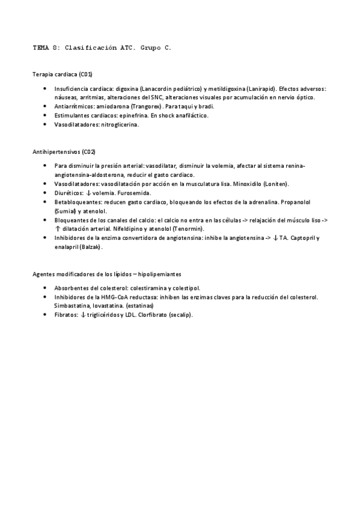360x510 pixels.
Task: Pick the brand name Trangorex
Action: (148, 106)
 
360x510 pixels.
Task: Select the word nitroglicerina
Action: (120, 124)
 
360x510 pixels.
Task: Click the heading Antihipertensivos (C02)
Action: (64, 152)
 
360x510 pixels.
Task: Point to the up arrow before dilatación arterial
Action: (57, 229)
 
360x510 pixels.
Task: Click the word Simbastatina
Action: (72, 306)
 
